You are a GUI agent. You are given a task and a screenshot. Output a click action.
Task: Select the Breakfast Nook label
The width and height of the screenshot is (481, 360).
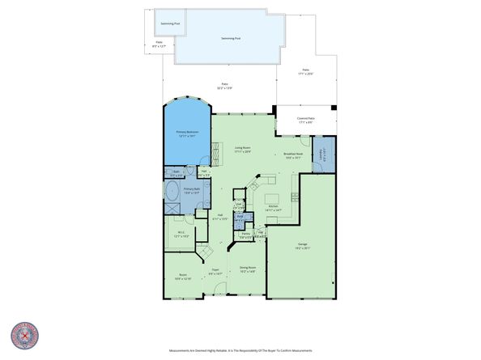(292, 156)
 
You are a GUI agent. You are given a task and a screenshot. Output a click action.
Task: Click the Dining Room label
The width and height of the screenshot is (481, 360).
(247, 269)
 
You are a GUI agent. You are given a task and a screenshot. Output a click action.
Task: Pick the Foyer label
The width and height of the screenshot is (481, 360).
(215, 272)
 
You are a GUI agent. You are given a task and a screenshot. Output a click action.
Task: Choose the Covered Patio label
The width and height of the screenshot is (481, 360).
(305, 120)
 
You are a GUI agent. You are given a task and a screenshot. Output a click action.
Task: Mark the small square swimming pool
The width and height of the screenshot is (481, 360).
(170, 25)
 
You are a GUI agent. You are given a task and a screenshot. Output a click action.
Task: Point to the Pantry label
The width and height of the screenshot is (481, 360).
(245, 235)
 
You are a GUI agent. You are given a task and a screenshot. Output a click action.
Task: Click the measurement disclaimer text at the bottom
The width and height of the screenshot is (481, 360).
(240, 350)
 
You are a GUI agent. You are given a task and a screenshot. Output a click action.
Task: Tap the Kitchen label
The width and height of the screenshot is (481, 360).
(275, 209)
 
